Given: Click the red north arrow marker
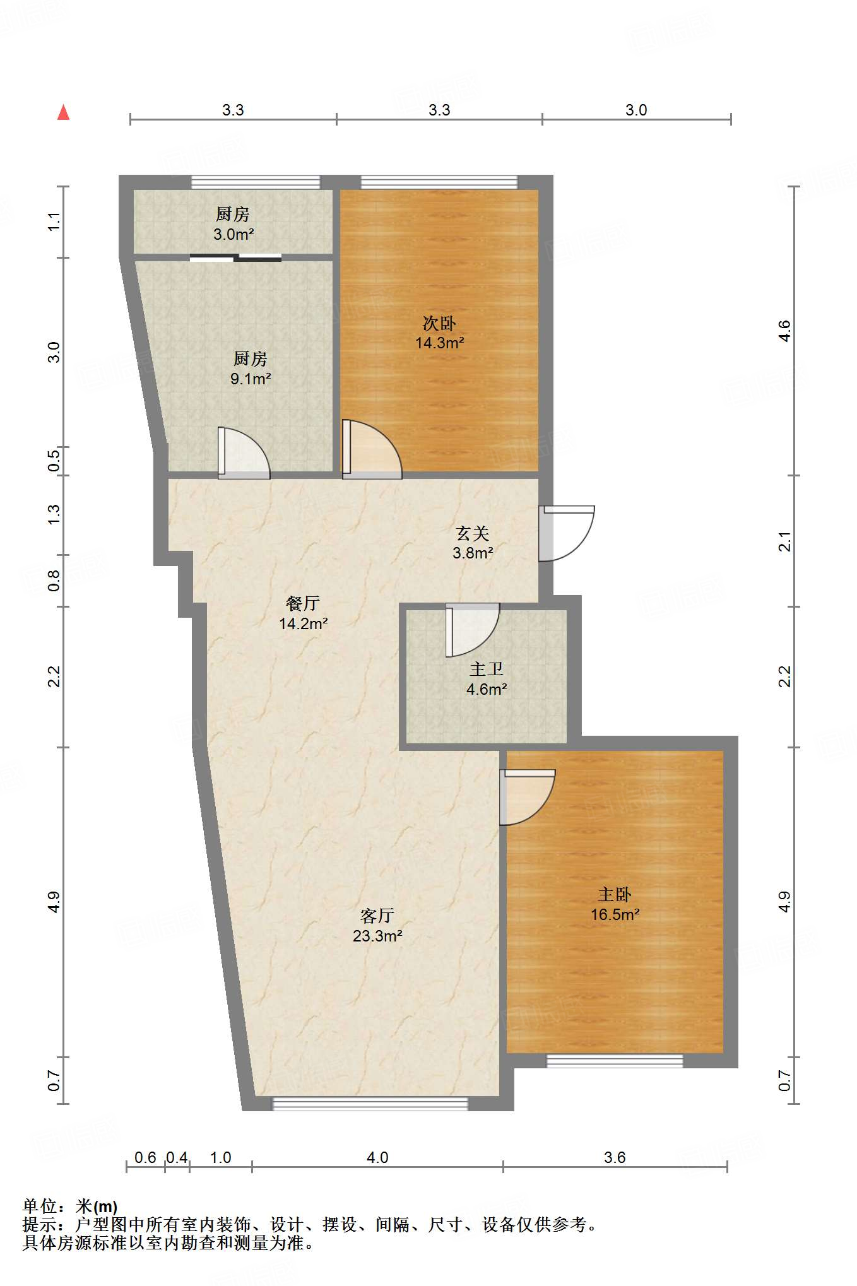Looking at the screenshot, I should click(x=63, y=113).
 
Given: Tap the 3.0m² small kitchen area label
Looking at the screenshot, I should click(x=233, y=224).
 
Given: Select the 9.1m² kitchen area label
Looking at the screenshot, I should click(x=251, y=369).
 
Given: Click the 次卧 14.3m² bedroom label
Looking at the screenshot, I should click(x=439, y=333).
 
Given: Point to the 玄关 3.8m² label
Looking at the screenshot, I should click(x=473, y=543).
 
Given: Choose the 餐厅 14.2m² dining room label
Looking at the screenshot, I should click(x=303, y=613).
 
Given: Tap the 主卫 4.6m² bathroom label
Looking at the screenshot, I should click(x=486, y=679).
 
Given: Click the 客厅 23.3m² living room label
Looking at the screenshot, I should click(x=377, y=925).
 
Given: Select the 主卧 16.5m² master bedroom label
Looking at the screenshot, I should click(x=615, y=904).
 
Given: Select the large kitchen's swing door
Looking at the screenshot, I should click(x=243, y=452).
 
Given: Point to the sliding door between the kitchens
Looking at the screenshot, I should click(x=235, y=257).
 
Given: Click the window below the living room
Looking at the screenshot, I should click(x=370, y=1104).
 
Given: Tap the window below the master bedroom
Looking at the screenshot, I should click(x=614, y=1061).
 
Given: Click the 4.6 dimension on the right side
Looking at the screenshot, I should click(x=784, y=331).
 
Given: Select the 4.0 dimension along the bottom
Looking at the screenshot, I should click(x=377, y=1157).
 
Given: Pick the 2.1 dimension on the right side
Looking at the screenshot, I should click(x=784, y=541).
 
